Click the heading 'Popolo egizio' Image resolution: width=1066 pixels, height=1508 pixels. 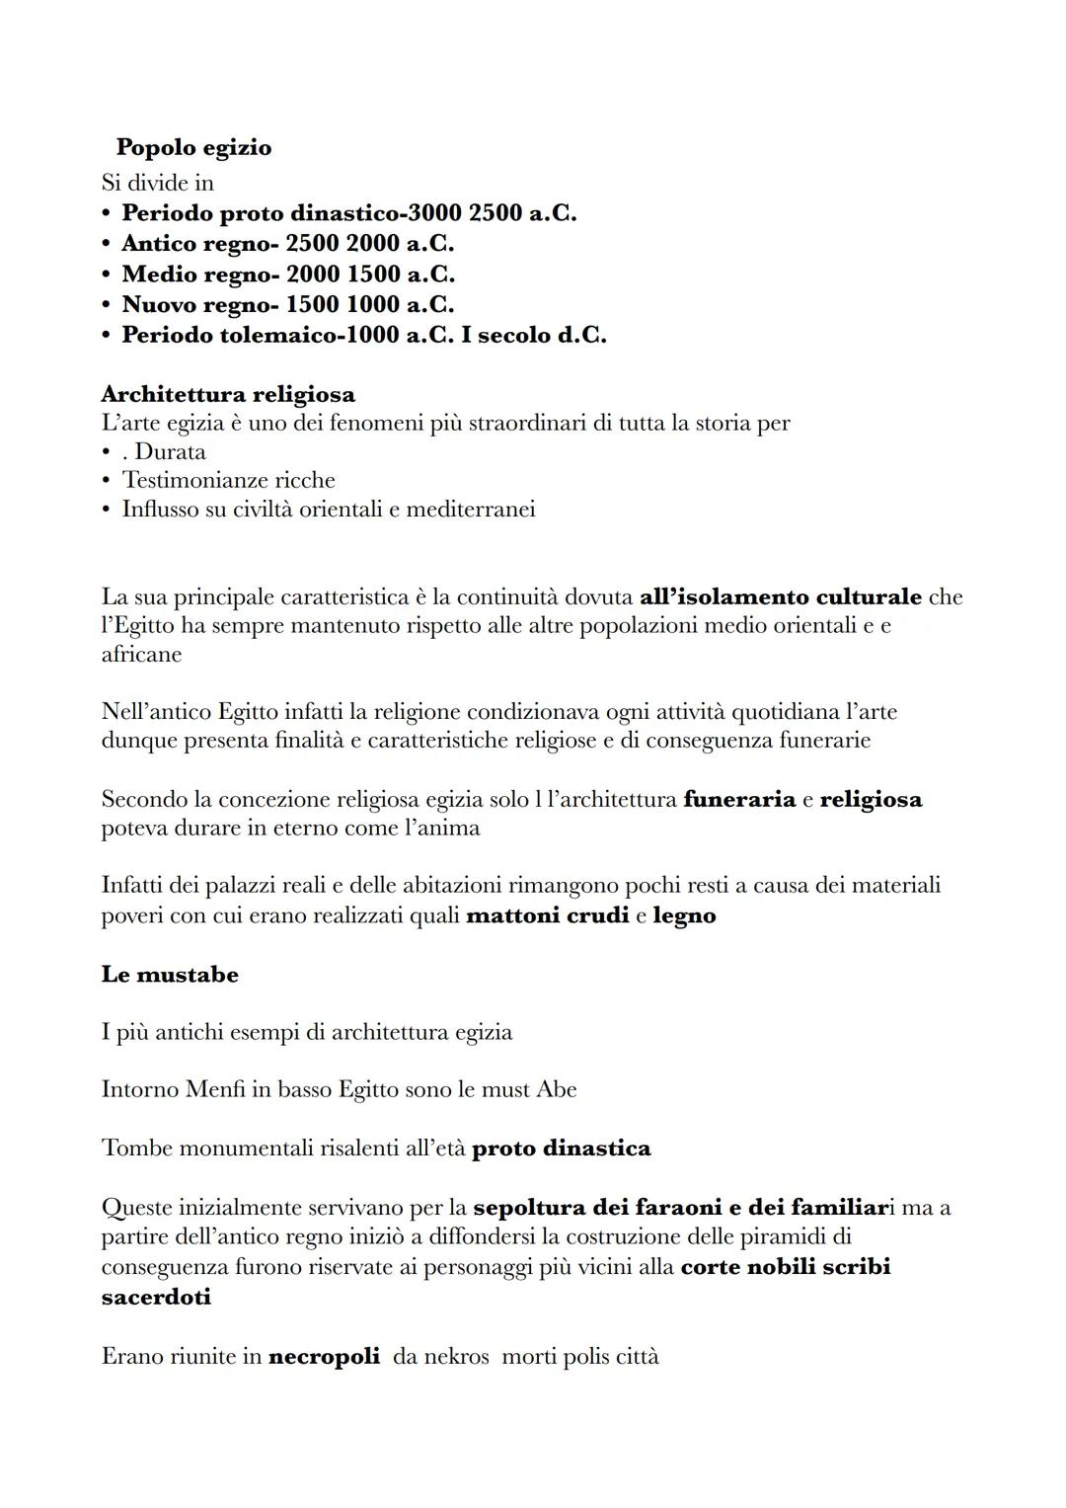193,148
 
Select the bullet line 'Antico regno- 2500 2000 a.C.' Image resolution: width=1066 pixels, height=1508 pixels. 287,244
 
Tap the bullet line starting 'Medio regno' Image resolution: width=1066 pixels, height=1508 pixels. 287,275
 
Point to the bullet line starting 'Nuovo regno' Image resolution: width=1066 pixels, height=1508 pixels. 287,305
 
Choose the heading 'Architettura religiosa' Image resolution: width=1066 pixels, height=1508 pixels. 228,394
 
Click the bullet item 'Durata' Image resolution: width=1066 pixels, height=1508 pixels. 170,452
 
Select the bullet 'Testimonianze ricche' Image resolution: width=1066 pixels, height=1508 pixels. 228,481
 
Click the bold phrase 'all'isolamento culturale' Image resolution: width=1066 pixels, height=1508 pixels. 781,597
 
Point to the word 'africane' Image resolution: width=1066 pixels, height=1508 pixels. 141,655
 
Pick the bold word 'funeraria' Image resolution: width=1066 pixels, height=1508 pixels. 738,799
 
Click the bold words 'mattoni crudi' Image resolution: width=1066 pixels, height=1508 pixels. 547,915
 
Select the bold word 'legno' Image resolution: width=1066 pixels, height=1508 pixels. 684,915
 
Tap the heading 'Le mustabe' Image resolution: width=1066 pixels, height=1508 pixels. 170,975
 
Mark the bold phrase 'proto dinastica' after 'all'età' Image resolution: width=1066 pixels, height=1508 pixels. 562,1149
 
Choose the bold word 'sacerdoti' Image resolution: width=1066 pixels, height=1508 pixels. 156,1297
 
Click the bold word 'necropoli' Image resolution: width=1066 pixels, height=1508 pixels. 324,1357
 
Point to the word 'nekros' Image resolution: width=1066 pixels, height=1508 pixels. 456,1357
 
